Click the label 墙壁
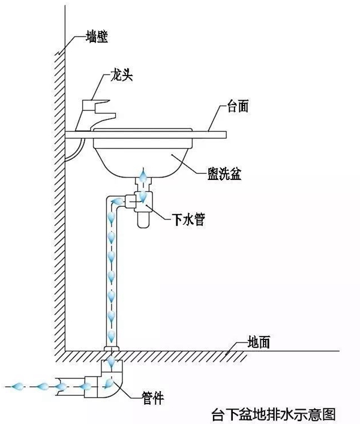point(95,38)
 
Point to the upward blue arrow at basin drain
point(143,176)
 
